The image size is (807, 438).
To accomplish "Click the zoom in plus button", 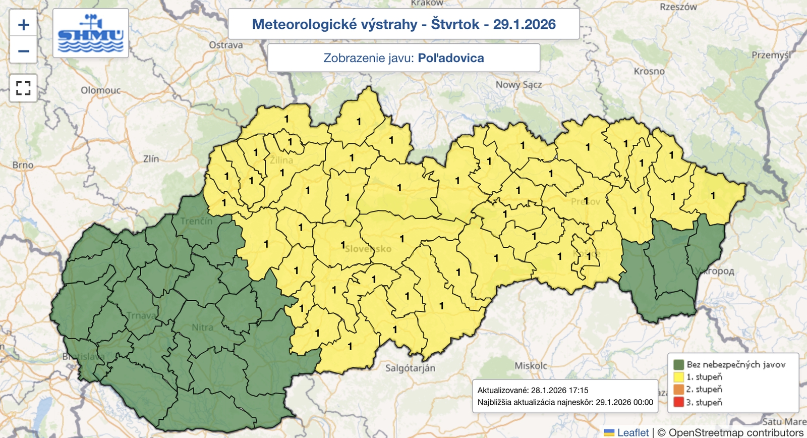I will click(23, 25).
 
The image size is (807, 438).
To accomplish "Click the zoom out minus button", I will click(23, 51).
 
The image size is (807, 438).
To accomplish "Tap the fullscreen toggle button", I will click(23, 88).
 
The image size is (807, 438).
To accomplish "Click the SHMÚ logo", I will click(91, 33).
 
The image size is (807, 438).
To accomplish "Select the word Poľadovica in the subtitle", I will click(451, 58).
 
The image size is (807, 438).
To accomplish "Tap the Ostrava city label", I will click(226, 45).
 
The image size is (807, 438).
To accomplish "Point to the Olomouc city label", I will click(101, 90).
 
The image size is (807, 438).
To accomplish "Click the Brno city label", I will click(23, 165).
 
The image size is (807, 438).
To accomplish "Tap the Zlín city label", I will click(151, 158).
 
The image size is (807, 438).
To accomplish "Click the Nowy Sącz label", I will click(518, 85).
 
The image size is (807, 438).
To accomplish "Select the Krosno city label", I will click(649, 71).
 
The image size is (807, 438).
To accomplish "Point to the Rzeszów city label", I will click(678, 7).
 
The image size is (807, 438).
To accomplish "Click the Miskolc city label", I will click(531, 365).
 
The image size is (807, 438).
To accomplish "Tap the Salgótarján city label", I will click(410, 368).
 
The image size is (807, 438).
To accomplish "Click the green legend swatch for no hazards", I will click(678, 364).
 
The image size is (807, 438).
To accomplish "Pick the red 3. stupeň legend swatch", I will click(678, 402).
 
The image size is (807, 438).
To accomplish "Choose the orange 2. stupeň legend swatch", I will click(678, 390).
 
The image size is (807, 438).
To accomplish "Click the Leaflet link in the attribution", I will click(632, 432).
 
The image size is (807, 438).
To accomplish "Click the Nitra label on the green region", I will click(202, 327).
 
